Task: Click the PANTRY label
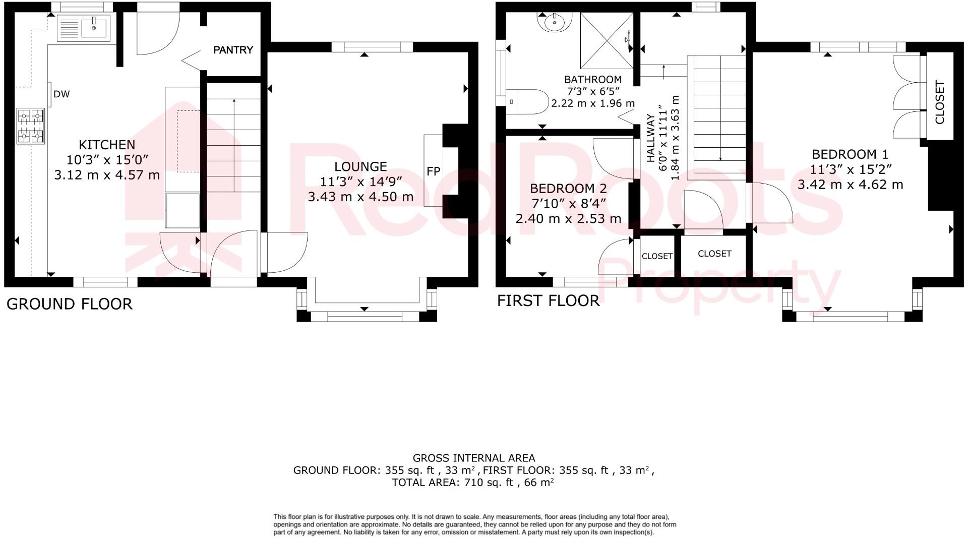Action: pos(233,50)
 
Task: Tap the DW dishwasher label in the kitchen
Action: pos(62,94)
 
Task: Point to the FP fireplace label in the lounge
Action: pos(433,171)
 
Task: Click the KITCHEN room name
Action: pos(107,145)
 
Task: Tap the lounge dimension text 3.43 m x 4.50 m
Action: pos(360,197)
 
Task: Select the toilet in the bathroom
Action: pos(527,101)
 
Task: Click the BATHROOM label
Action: pos(592,80)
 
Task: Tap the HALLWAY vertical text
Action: pos(651,138)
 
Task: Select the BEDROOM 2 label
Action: pos(568,189)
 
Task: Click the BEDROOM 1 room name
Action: pos(850,154)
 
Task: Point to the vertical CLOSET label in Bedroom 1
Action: pos(939,102)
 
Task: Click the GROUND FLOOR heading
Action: pos(70,304)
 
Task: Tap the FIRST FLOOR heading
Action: pos(548,301)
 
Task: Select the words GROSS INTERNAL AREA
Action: pos(473,458)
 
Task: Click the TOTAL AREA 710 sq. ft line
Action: pos(473,483)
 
